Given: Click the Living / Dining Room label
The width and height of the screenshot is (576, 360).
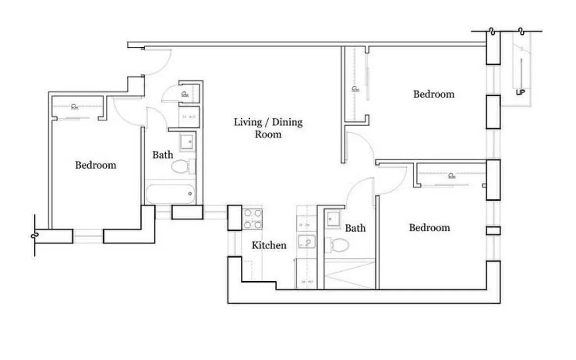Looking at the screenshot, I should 268,128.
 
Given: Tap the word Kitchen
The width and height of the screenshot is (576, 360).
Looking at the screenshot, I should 269,245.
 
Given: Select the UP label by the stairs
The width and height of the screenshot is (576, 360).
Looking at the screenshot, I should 521,93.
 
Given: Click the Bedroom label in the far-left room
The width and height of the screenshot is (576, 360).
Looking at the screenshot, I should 95,165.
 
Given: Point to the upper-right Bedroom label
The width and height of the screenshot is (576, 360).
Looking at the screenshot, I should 434,94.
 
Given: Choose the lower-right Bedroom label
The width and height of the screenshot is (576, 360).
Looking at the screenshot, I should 429,228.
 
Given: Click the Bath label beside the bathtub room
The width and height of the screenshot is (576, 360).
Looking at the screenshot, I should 162,155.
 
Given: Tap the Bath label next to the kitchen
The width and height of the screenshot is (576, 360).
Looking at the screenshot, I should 355,229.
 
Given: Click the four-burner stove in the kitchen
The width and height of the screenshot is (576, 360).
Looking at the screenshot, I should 253,219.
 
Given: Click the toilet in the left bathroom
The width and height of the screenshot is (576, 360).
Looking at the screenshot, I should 181,167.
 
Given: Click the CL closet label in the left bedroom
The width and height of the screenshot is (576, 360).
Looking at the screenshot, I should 74,107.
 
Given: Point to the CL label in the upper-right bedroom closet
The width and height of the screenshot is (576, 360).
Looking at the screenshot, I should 355,89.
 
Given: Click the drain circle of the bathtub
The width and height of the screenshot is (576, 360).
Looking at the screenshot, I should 190,194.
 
